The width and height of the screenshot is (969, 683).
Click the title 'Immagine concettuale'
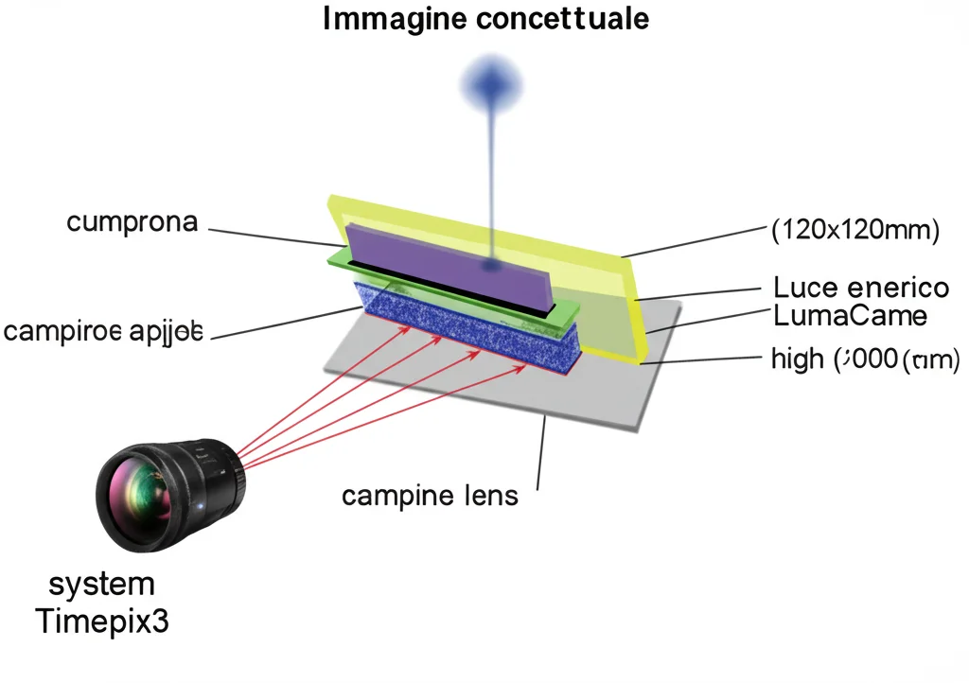coord(485,19)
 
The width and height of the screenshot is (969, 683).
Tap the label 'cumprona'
coord(132,222)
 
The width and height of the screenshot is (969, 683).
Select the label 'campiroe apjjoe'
coord(103,332)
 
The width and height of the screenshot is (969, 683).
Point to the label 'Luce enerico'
coord(861,287)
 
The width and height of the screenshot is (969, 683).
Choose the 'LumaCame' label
coord(850,315)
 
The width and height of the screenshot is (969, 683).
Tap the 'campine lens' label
coord(430,494)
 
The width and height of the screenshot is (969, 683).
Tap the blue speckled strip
coord(473,326)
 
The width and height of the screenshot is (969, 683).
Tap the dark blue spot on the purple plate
coord(491,267)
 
